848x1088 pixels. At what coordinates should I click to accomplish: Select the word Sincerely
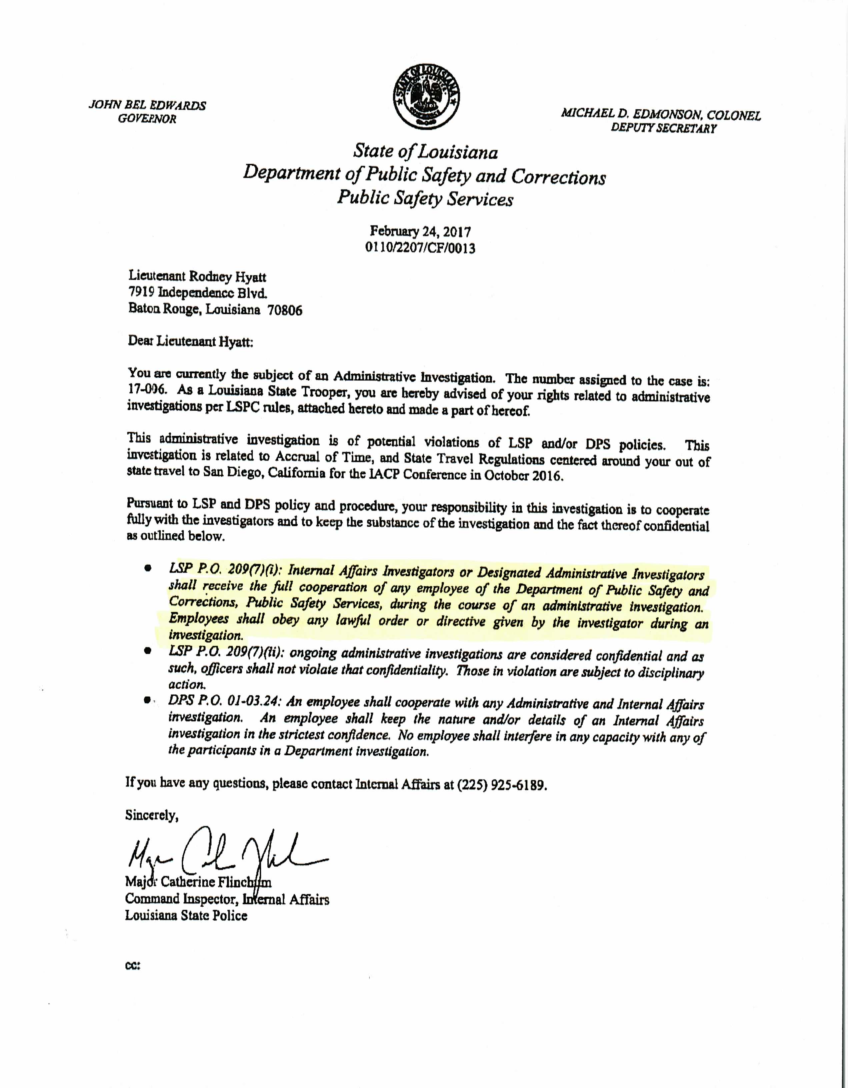(151, 816)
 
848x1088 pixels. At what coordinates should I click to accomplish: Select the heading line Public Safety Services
(425, 199)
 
